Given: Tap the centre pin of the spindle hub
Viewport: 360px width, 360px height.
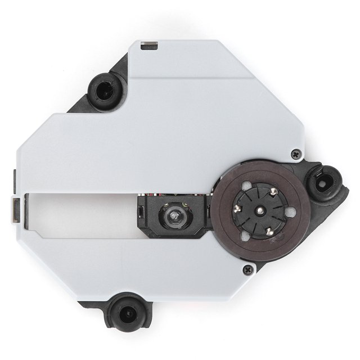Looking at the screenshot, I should [262, 210].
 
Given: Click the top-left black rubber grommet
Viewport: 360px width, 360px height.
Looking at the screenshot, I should [105, 88].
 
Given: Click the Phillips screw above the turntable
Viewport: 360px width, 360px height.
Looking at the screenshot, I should [295, 152].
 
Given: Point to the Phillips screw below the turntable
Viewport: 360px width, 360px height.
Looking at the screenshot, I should [246, 271].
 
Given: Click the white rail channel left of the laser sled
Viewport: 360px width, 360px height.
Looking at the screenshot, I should [79, 214].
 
